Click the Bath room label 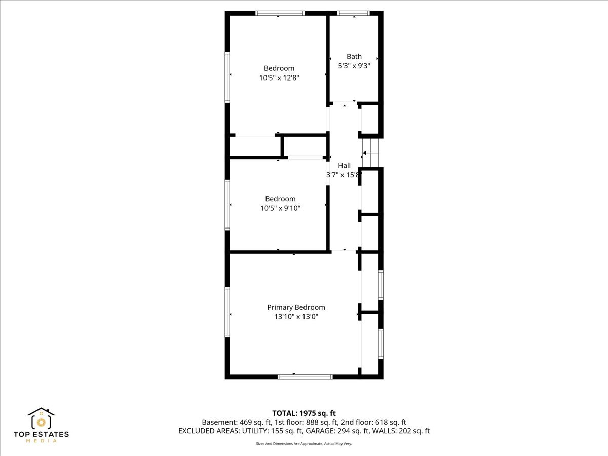click(x=354, y=56)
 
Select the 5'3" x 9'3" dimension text click(x=354, y=66)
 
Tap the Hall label click(x=344, y=166)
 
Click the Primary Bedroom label click(x=296, y=308)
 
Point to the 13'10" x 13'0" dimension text click(x=296, y=317)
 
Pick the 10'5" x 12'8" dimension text click(x=279, y=78)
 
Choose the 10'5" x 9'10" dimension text click(x=280, y=208)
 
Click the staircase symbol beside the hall click(x=370, y=153)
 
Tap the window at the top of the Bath click(x=353, y=13)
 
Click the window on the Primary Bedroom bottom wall click(x=305, y=377)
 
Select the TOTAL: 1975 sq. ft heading click(x=304, y=413)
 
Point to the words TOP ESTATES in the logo click(x=41, y=434)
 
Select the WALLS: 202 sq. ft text click(x=401, y=431)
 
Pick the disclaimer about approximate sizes click(x=304, y=444)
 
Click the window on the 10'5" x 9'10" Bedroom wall click(x=227, y=205)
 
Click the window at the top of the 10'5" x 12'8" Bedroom click(x=280, y=13)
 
